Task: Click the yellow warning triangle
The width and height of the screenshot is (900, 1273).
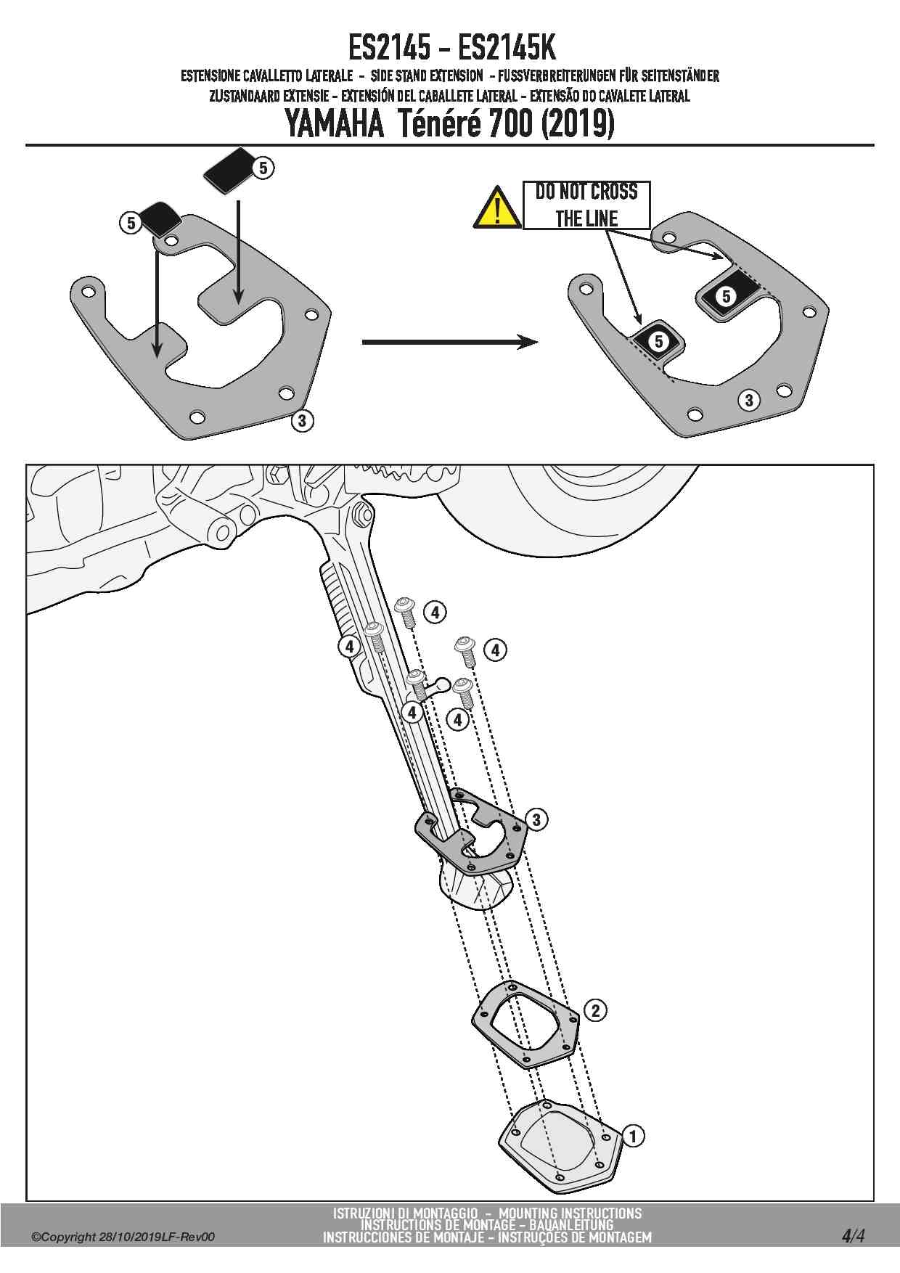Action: (496, 208)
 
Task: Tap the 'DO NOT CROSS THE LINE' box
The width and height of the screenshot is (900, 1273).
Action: (586, 205)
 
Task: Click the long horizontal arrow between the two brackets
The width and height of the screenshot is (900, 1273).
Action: (449, 342)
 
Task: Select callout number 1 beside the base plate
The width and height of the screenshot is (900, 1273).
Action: (633, 1136)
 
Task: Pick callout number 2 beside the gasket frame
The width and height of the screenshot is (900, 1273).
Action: (595, 1010)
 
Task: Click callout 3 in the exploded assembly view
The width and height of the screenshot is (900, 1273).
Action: (536, 820)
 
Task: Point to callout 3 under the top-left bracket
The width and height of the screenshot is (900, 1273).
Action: (302, 420)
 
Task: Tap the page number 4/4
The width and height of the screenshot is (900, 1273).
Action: (853, 1235)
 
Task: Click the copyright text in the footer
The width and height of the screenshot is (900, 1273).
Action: (123, 1237)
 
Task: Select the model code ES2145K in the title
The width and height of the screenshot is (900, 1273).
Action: (507, 49)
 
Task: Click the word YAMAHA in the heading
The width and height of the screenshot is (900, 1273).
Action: (334, 123)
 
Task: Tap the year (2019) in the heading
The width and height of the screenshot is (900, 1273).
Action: (578, 123)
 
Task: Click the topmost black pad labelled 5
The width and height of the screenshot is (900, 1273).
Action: (226, 171)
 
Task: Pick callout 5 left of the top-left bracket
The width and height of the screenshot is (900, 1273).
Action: (130, 222)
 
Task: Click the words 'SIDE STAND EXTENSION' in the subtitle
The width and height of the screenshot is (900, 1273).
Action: (426, 75)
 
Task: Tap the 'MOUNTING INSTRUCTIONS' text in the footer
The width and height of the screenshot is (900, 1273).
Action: (570, 1213)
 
